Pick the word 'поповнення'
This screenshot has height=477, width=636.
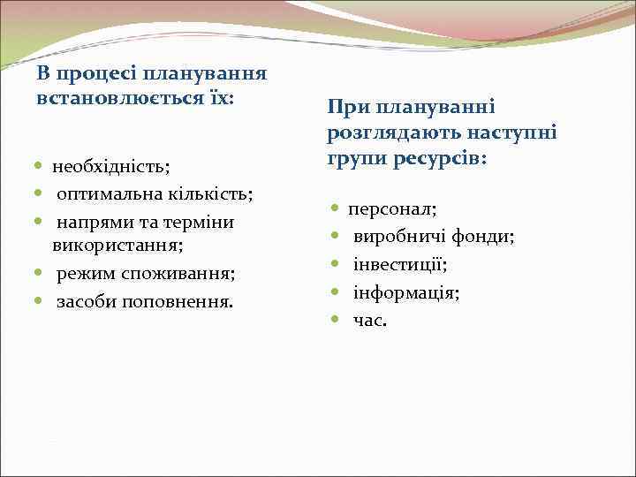(x=183, y=302)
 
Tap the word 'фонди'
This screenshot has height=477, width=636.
(x=483, y=237)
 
